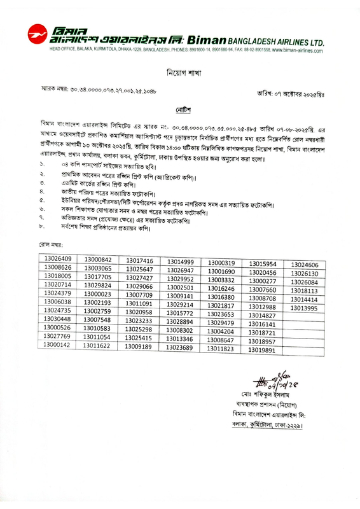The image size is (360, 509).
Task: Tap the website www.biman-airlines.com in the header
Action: (297, 49)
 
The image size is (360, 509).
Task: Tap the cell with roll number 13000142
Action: (57, 345)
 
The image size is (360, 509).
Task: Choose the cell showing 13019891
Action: (262, 350)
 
